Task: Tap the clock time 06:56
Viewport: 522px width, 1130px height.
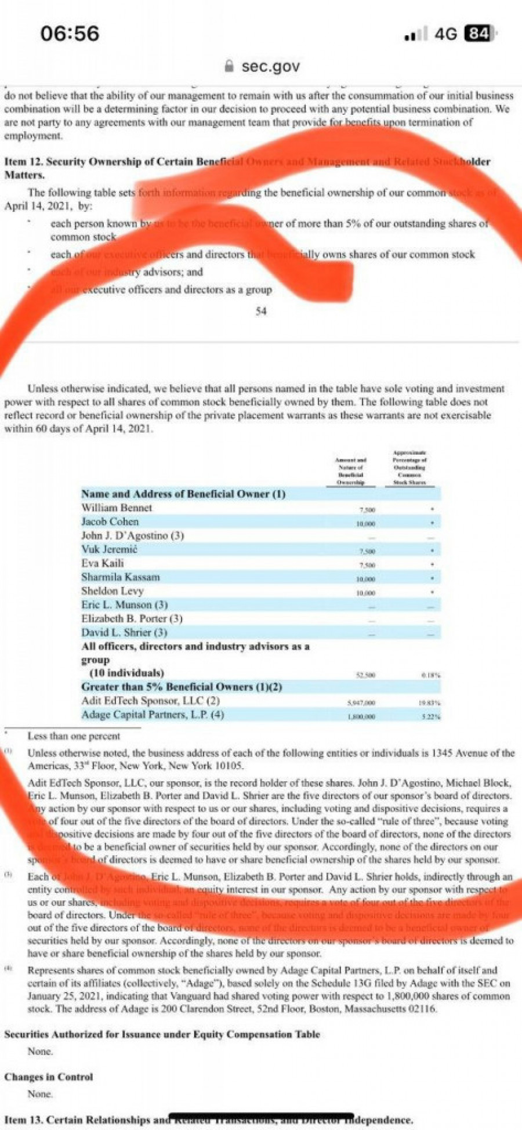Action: point(70,33)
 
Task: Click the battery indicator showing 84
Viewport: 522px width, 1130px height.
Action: point(480,34)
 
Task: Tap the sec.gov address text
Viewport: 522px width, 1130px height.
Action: point(270,66)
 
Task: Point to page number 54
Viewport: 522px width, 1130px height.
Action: point(261,312)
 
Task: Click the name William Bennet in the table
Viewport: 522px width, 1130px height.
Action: point(117,508)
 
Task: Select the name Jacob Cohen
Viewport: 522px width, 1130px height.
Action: point(110,521)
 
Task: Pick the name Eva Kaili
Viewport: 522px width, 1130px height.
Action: point(102,563)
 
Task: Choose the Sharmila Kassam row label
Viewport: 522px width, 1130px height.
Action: point(120,577)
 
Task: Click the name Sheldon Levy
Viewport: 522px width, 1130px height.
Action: point(112,591)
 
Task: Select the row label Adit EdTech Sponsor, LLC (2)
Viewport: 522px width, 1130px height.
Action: point(150,701)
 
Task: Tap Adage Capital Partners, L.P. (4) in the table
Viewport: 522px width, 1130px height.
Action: point(152,715)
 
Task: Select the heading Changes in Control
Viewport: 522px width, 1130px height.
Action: point(49,1077)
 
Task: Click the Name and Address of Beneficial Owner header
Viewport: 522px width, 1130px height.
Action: point(183,494)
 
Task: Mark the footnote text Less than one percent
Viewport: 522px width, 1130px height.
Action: point(74,736)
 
